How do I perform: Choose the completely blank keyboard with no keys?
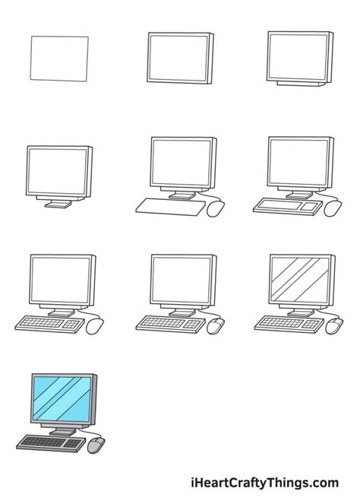(167, 205)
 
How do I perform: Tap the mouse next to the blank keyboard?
(216, 207)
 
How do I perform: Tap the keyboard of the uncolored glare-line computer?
(285, 323)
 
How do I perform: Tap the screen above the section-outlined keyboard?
(298, 161)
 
